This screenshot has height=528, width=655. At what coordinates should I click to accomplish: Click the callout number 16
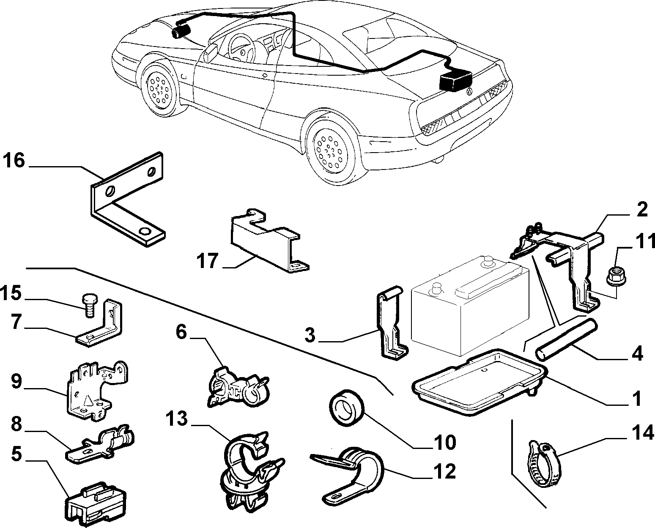coord(14,160)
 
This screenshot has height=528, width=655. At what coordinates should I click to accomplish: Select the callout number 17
coord(208,260)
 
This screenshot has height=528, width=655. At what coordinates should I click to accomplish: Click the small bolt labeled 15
coord(89,305)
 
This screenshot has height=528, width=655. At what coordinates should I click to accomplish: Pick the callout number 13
coord(178,419)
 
